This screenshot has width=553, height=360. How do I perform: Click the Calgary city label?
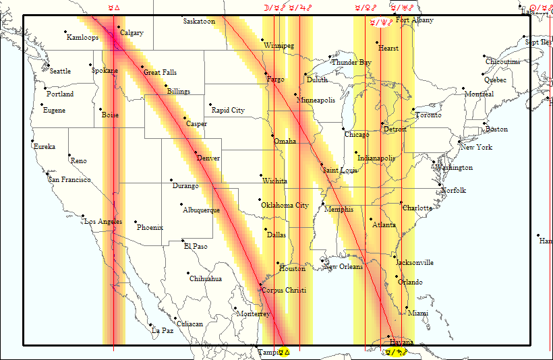(132, 33)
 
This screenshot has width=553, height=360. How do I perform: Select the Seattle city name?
(60, 71)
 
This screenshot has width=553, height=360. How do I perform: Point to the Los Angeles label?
(103, 221)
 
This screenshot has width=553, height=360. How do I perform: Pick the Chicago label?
(357, 134)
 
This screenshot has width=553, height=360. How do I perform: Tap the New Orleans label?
(344, 266)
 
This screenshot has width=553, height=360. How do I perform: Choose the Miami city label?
(418, 313)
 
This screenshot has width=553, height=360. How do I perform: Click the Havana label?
(402, 342)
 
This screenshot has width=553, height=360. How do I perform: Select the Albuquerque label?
(202, 210)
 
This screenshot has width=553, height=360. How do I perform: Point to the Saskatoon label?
(199, 22)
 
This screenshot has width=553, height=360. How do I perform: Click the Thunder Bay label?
(351, 63)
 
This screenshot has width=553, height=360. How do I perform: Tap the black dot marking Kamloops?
(65, 32)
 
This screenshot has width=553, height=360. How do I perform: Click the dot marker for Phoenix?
(136, 222)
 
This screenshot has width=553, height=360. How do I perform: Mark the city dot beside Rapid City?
(210, 104)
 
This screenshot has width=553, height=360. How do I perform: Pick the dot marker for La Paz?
(150, 325)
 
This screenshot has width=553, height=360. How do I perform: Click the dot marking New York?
(459, 142)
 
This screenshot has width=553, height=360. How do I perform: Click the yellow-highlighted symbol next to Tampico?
(284, 352)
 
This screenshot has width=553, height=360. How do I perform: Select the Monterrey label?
(254, 314)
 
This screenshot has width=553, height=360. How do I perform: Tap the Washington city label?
(454, 167)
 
